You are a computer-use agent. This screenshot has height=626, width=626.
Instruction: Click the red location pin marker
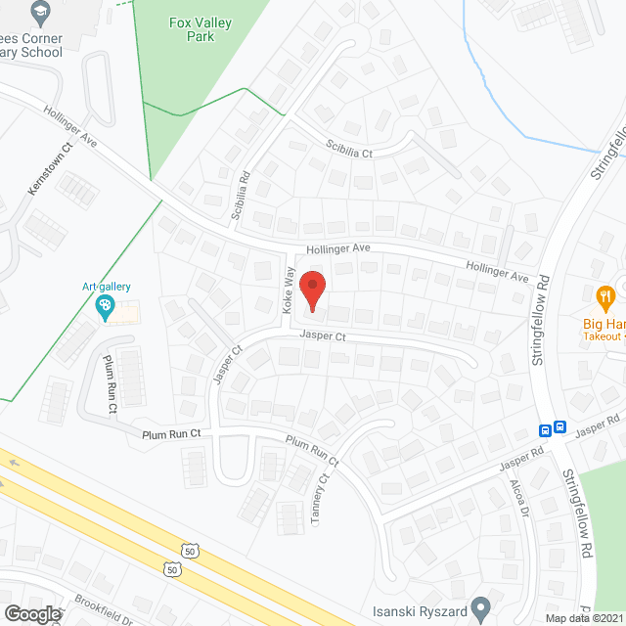[312, 291]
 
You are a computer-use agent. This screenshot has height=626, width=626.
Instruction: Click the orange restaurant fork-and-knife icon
[605, 294]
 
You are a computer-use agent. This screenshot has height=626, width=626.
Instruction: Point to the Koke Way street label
[290, 291]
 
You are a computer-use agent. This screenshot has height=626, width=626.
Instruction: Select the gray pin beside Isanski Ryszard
[480, 608]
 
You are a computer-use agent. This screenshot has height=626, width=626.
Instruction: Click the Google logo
[31, 613]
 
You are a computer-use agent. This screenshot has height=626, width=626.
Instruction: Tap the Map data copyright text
[584, 618]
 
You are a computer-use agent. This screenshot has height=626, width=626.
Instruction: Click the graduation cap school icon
[40, 13]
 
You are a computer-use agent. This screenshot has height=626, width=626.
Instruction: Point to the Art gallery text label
[106, 287]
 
